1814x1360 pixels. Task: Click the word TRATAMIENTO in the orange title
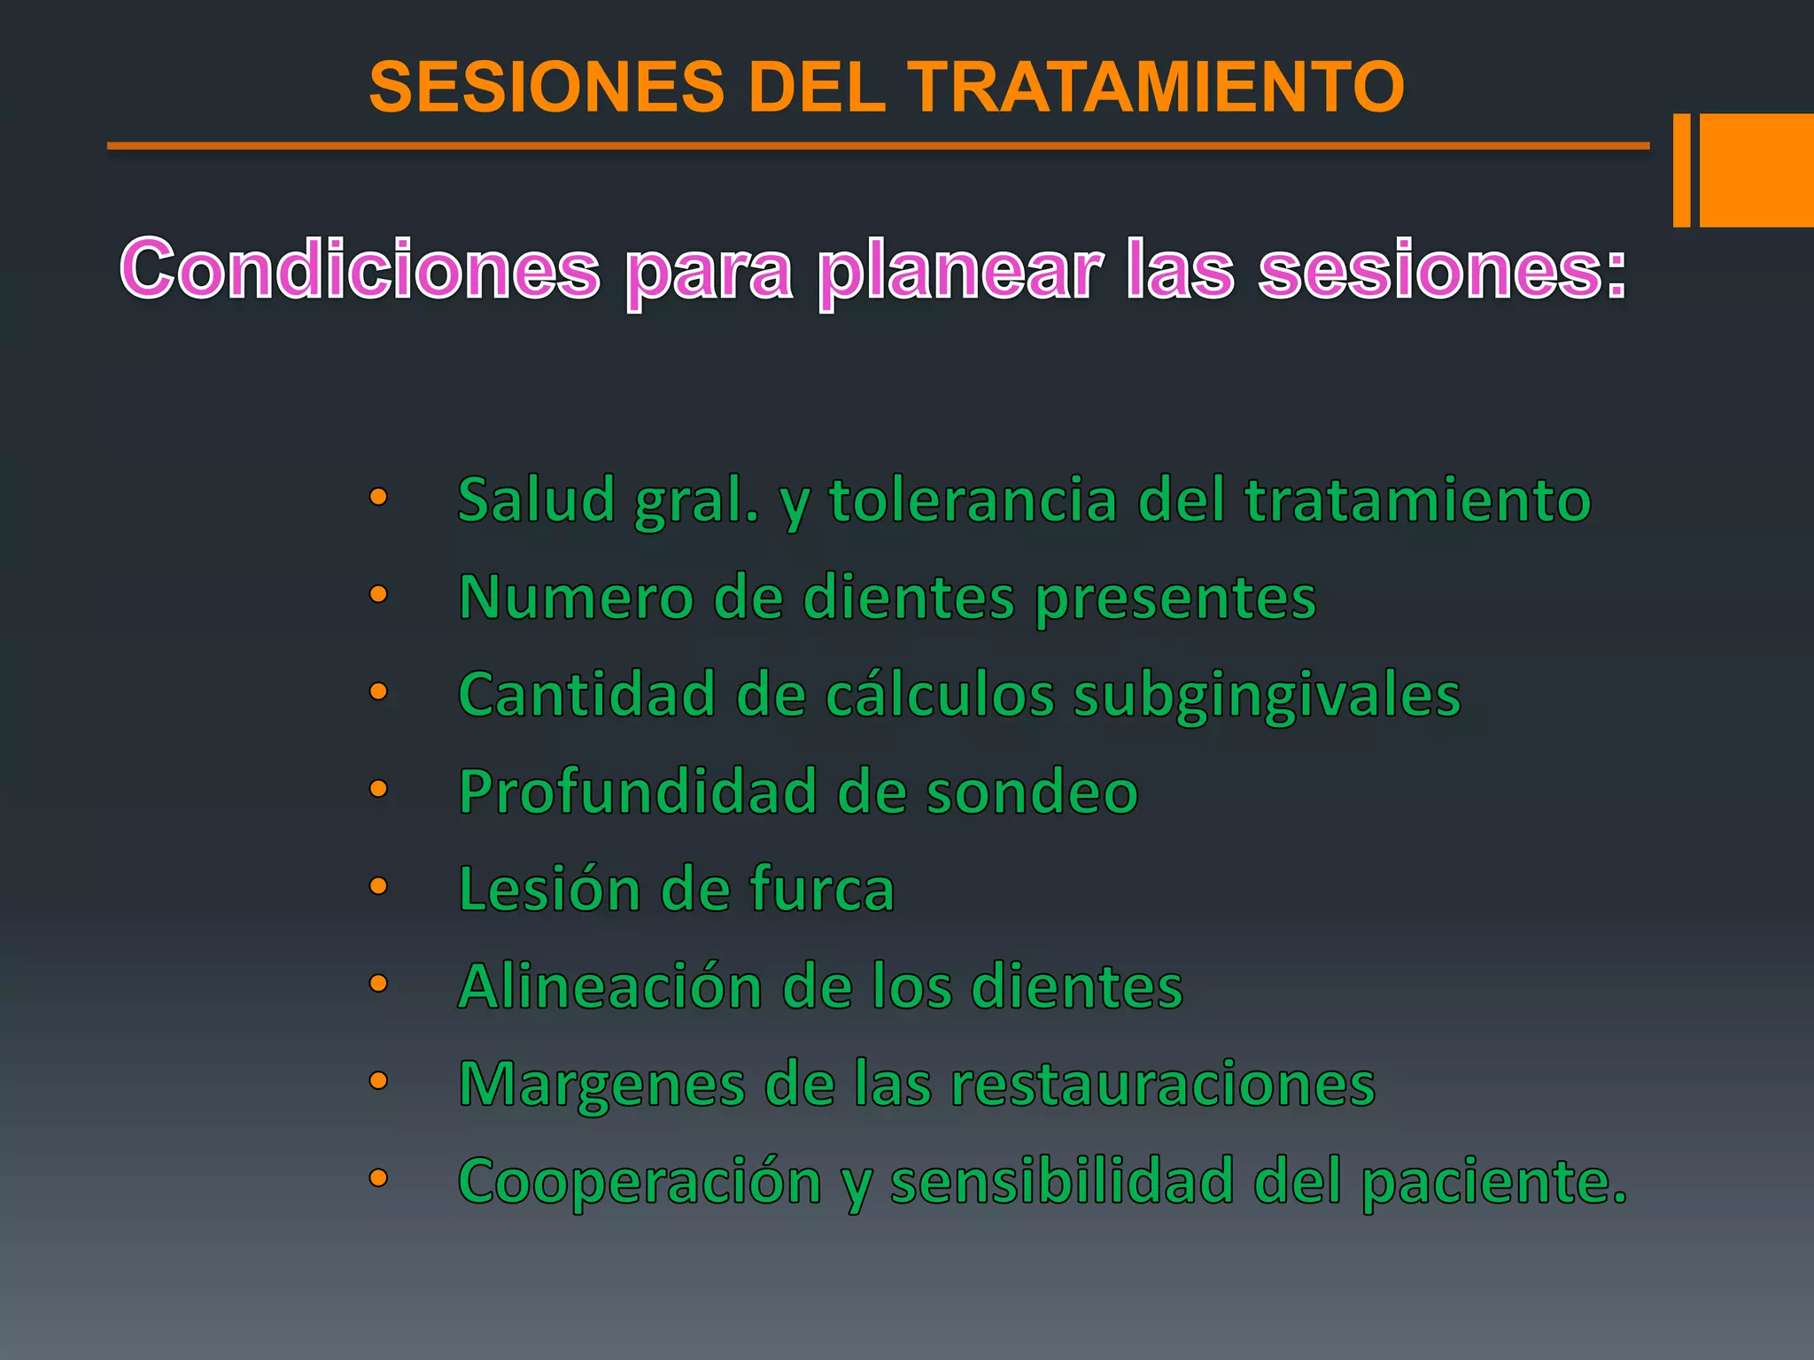(x=1158, y=87)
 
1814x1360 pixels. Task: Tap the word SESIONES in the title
(x=547, y=87)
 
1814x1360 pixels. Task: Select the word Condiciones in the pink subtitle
(x=360, y=269)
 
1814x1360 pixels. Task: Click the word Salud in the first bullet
(x=536, y=499)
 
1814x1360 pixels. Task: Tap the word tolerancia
(x=973, y=499)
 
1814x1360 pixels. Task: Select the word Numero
(x=576, y=597)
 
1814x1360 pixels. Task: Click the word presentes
(x=1175, y=597)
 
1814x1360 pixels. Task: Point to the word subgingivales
(x=1267, y=694)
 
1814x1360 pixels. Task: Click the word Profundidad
(x=638, y=792)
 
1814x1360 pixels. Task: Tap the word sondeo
(x=1032, y=792)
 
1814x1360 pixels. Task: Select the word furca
(x=822, y=889)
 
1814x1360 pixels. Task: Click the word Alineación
(x=610, y=986)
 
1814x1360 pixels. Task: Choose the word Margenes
(x=601, y=1084)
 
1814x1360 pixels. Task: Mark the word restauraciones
(x=1162, y=1084)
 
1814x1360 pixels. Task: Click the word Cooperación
(x=640, y=1181)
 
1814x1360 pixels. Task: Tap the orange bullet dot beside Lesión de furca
(x=378, y=886)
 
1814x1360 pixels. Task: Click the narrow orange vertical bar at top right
(x=1681, y=170)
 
